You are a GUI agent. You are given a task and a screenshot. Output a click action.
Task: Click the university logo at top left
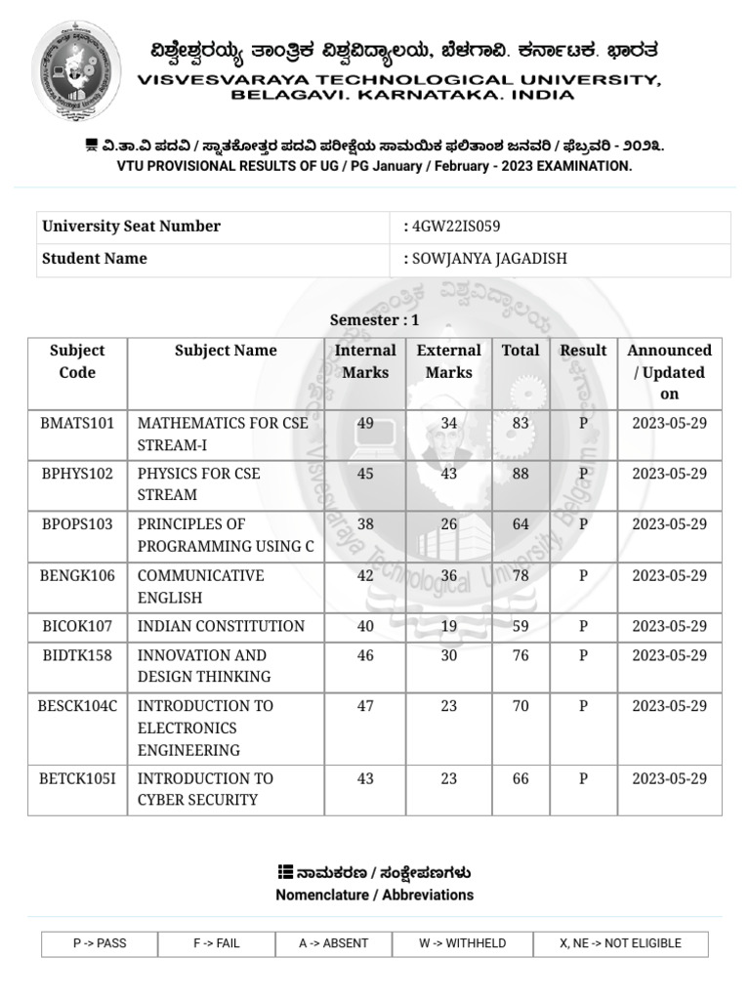77,71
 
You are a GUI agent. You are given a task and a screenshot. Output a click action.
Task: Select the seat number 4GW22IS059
456,227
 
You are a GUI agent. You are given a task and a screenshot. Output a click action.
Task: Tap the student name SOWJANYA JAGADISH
489,259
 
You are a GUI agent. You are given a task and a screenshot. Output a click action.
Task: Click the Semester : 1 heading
374,319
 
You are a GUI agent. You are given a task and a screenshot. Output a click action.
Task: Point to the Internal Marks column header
365,361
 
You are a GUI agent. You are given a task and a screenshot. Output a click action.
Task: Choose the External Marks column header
448,361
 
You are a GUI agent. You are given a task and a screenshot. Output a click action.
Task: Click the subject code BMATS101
77,423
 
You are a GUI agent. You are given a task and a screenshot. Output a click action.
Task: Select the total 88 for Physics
521,474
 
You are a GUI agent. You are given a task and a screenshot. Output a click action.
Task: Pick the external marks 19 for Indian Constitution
448,626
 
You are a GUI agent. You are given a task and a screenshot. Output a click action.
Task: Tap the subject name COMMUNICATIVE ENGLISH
201,586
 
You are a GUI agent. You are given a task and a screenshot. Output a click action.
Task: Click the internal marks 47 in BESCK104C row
365,706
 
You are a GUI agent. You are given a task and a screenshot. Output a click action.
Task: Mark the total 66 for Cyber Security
521,778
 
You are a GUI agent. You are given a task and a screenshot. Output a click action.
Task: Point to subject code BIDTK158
77,655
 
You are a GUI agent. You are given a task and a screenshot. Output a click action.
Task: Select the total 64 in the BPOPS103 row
521,524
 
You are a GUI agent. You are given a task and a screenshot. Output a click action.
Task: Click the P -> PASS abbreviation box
100,943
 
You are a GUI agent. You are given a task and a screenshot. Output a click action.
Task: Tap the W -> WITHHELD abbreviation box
462,943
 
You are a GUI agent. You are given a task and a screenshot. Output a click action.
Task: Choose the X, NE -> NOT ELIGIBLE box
620,943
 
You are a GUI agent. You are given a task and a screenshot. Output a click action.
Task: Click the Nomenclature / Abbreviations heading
374,895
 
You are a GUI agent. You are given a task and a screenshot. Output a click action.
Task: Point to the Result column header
583,351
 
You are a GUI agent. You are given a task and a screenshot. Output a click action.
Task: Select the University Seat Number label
131,227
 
